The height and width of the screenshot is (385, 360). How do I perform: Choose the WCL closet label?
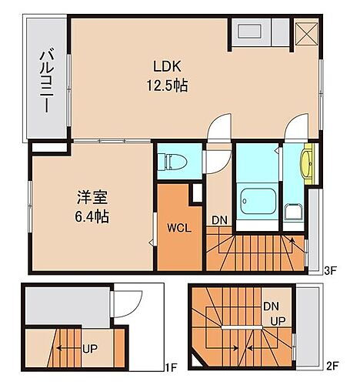(179, 229)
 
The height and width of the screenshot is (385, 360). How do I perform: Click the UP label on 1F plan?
(89, 347)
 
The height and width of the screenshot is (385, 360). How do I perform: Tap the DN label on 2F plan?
(270, 306)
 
